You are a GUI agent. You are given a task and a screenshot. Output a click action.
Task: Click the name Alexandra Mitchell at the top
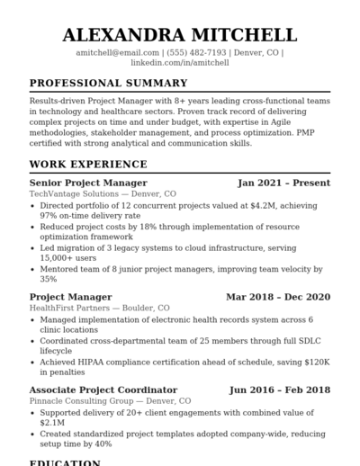click(x=179, y=35)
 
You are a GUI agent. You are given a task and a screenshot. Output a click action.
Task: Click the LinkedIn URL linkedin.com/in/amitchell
click(x=179, y=63)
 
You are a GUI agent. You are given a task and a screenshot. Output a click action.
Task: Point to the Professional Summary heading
click(x=108, y=84)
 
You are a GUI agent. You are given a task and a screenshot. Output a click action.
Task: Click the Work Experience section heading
click(x=88, y=165)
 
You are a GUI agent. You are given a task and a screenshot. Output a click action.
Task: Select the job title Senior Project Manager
click(x=88, y=183)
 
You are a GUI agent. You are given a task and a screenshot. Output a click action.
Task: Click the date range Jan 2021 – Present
click(x=283, y=183)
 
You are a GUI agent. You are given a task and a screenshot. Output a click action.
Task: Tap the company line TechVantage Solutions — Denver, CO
click(x=103, y=193)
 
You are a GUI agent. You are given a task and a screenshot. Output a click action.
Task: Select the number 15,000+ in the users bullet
click(x=58, y=257)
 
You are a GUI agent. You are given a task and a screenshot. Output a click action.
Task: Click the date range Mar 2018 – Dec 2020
click(x=277, y=297)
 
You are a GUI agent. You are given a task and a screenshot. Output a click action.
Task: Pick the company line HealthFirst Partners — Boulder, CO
click(x=99, y=308)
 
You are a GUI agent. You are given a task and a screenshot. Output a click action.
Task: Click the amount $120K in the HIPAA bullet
click(x=318, y=362)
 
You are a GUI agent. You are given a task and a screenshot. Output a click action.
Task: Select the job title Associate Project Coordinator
click(x=103, y=390)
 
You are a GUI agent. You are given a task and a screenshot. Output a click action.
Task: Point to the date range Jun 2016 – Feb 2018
click(x=279, y=390)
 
